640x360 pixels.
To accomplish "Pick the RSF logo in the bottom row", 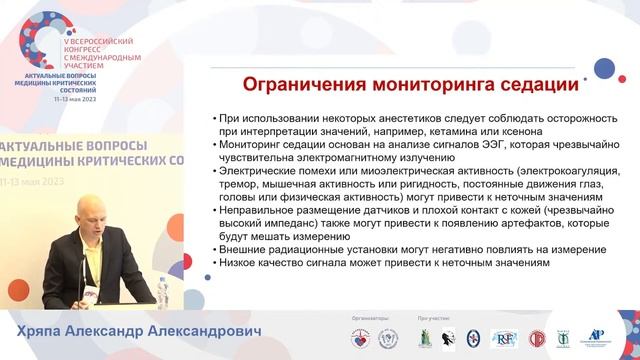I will click(503, 338).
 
